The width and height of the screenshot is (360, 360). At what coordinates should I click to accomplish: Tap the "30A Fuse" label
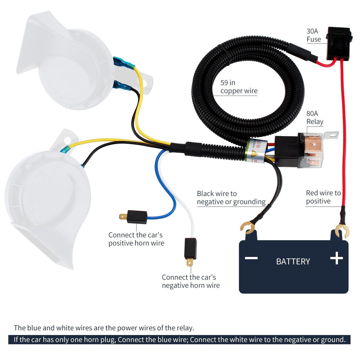[x=314, y=35]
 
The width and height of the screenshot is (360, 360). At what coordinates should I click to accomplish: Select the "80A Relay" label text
[x=315, y=118]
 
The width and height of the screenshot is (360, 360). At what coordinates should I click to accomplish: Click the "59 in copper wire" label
[x=239, y=87]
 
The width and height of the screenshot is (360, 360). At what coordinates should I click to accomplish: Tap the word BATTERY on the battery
[x=293, y=262]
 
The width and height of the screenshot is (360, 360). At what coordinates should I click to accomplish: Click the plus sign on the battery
[x=336, y=258]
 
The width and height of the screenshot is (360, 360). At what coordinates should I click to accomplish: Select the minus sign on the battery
[x=251, y=258]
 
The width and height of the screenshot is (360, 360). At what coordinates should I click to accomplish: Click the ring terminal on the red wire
[x=341, y=231]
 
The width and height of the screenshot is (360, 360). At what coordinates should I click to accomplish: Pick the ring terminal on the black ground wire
[x=248, y=227]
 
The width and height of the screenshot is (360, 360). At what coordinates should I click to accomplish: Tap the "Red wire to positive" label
[x=323, y=197]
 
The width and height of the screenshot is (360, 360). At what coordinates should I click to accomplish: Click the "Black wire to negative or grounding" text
[x=231, y=198]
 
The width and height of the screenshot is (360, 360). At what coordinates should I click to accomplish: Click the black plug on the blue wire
[x=136, y=217]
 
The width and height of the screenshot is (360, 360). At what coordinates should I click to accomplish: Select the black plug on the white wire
[x=191, y=249]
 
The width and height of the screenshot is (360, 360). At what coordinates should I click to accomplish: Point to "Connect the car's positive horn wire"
[x=136, y=239]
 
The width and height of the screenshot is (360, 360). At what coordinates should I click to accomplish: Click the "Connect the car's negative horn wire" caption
[x=191, y=281]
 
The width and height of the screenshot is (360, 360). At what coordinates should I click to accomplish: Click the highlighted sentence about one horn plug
[x=179, y=340]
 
